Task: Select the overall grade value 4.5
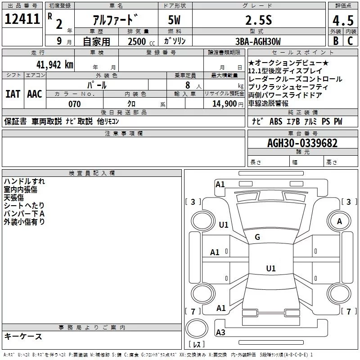coord(342,21)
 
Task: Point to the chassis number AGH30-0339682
coord(302,143)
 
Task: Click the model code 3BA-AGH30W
coord(258,41)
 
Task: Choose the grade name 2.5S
coord(257,20)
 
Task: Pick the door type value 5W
coord(175,20)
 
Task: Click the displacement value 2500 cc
coord(140,41)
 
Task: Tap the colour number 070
coord(74,104)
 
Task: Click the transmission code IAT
coord(13,94)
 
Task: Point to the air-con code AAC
coord(35,94)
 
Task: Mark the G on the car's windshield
coord(257,237)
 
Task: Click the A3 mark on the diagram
coord(220,332)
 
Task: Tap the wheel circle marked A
coord(339,221)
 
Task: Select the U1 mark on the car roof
coord(270,269)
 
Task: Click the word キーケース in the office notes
coord(23,336)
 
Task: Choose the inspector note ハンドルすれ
coord(24,181)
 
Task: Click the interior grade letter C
coord(350,41)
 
